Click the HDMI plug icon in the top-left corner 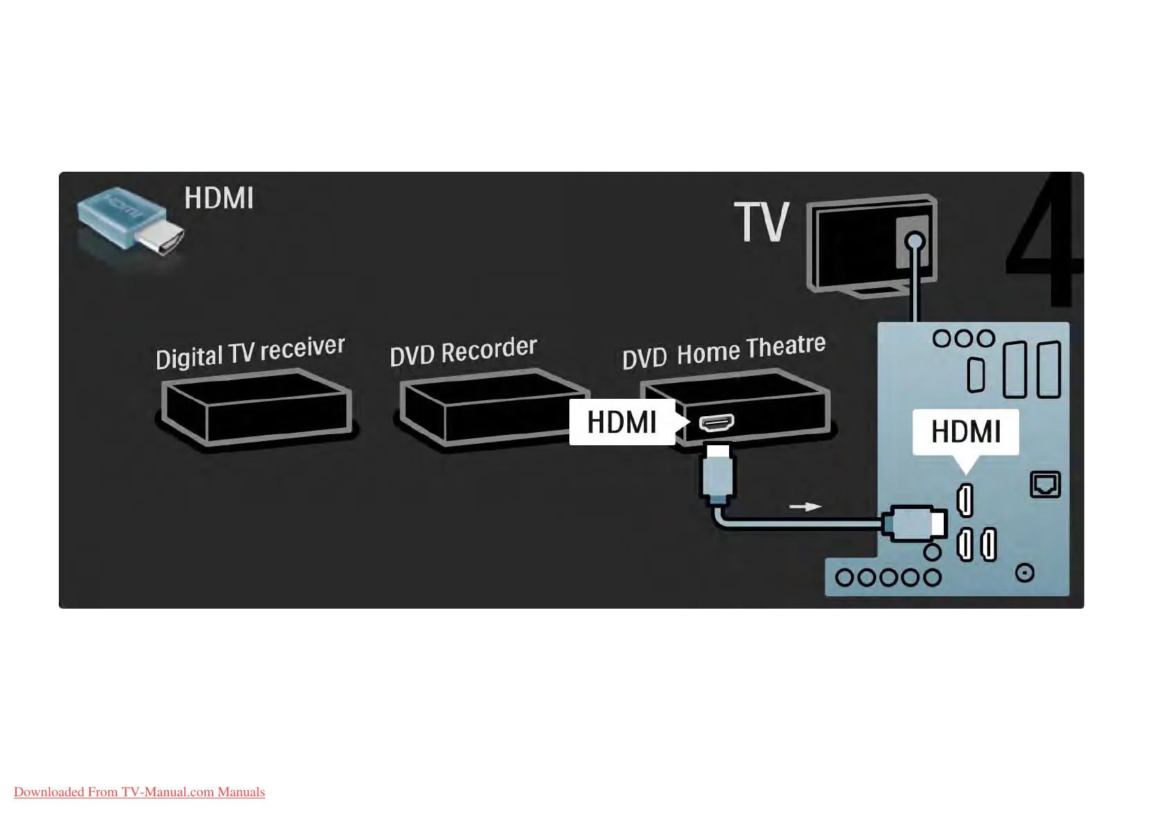pyautogui.click(x=129, y=223)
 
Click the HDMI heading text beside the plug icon pyautogui.click(x=219, y=199)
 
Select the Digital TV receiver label pyautogui.click(x=250, y=352)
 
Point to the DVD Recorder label pyautogui.click(x=463, y=351)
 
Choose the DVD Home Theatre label pyautogui.click(x=724, y=352)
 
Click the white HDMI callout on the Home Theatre pyautogui.click(x=622, y=422)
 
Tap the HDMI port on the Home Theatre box pyautogui.click(x=717, y=422)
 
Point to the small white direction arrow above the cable pyautogui.click(x=805, y=507)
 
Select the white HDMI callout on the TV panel pyautogui.click(x=965, y=432)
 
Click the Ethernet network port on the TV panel pyautogui.click(x=1045, y=484)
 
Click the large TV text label pyautogui.click(x=762, y=222)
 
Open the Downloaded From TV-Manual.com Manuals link pyautogui.click(x=139, y=792)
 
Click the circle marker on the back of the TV pyautogui.click(x=915, y=242)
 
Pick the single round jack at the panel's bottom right pyautogui.click(x=1025, y=573)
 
